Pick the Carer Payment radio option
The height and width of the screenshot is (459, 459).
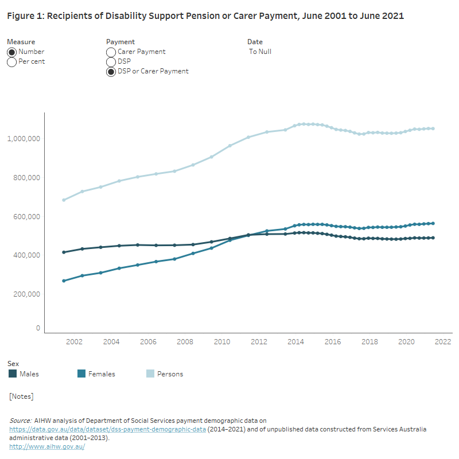(111, 52)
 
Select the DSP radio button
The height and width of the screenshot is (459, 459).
(111, 62)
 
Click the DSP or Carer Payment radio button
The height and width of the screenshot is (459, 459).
(111, 72)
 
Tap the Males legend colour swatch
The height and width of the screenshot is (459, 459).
(13, 374)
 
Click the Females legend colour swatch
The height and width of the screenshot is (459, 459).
(81, 374)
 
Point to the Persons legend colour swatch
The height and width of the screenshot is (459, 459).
(150, 374)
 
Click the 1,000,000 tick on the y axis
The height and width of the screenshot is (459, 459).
(24, 139)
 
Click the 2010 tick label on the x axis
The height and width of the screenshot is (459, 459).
(221, 342)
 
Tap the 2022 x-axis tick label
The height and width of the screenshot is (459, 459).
(443, 342)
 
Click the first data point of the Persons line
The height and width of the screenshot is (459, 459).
(64, 200)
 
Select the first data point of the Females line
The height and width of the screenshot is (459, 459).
(64, 281)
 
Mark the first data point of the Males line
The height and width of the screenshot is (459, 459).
(64, 252)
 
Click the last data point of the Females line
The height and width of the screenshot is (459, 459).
(433, 223)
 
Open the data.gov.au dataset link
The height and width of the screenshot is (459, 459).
(107, 429)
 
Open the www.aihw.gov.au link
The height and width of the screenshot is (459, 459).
(47, 446)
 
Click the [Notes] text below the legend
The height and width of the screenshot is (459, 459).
(21, 396)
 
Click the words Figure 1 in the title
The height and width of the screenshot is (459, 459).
(24, 16)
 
